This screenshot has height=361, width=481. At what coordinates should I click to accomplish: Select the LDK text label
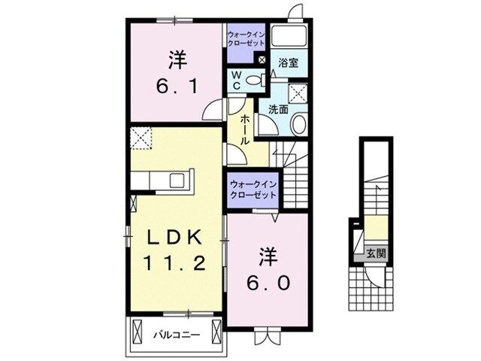[x=173, y=236]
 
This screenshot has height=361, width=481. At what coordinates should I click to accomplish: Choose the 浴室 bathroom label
[x=289, y=63]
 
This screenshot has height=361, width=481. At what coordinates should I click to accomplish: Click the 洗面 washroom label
[x=279, y=109]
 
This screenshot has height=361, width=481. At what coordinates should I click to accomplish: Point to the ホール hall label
[x=246, y=130]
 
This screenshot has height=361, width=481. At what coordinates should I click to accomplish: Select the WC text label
[x=235, y=80]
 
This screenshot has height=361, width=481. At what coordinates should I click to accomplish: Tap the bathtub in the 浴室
[x=289, y=37]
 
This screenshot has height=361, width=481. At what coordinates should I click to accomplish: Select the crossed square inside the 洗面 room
[x=299, y=94]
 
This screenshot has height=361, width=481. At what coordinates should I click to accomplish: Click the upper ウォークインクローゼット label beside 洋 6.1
[x=246, y=38]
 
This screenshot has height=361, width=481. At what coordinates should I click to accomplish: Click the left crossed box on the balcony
[x=137, y=329]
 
